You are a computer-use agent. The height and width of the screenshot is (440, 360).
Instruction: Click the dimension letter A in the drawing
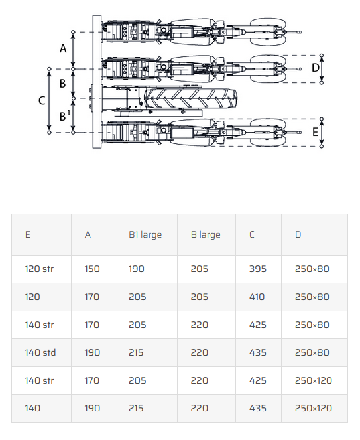tap(63, 48)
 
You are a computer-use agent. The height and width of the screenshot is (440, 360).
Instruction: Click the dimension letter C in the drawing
tap(42, 100)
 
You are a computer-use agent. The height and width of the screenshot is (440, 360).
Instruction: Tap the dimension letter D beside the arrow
tap(316, 68)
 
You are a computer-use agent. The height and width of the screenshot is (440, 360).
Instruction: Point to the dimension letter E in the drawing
tap(315, 132)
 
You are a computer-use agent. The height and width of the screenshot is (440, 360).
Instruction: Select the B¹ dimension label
tap(64, 115)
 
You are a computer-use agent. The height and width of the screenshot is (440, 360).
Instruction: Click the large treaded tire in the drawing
tap(191, 98)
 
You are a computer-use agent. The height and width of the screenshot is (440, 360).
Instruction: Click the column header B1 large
tap(145, 234)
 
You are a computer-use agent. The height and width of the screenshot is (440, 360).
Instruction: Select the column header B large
tap(206, 234)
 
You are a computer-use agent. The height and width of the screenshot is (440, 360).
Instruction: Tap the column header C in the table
tap(252, 234)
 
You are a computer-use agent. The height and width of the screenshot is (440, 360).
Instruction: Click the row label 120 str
tap(39, 269)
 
